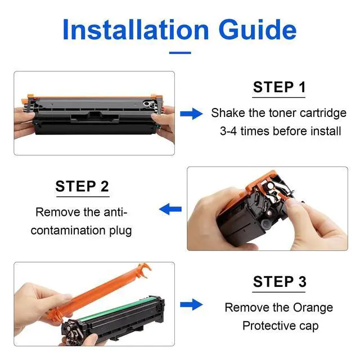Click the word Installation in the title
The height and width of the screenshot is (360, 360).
coord(136,30)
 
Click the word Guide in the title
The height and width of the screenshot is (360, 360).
coord(258,30)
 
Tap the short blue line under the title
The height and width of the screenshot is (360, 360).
coord(180,53)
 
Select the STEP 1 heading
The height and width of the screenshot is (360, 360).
coord(279,87)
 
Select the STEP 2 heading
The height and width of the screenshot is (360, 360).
coord(82,186)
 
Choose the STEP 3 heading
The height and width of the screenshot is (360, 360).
coord(280,281)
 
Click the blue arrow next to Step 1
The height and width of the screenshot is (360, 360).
coord(191,114)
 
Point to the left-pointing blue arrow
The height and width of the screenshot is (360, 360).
coord(170,209)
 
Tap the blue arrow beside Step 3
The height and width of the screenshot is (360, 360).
coord(191,304)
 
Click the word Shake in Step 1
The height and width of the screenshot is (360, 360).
coord(228,113)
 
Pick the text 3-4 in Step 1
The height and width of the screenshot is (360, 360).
coord(228,131)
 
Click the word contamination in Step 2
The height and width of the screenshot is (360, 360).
coord(68,230)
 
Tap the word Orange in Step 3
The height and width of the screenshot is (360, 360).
coord(313,308)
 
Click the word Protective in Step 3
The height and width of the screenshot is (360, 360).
coord(269,326)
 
